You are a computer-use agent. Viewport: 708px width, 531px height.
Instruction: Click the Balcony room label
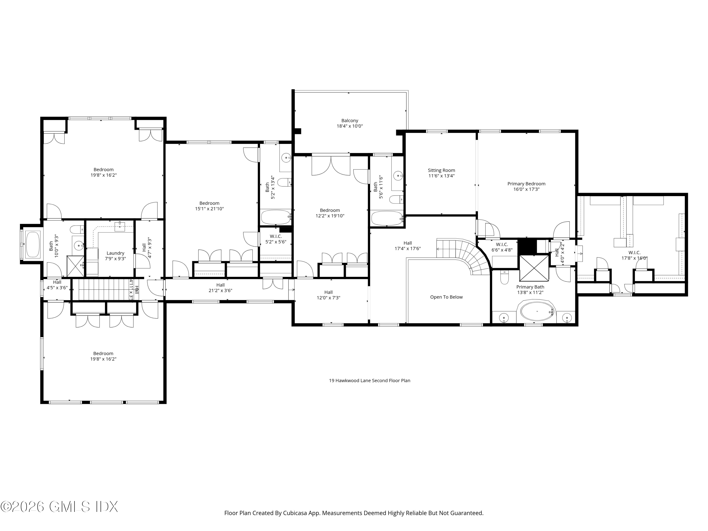click(350, 121)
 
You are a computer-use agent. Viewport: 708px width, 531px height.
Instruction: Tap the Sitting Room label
click(441, 170)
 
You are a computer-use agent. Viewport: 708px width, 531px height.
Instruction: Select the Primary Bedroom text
click(526, 184)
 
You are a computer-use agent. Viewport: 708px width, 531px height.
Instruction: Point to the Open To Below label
click(446, 297)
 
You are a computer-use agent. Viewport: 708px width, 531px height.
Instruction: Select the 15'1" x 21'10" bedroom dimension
click(209, 209)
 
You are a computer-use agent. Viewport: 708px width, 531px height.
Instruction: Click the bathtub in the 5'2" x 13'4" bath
click(276, 217)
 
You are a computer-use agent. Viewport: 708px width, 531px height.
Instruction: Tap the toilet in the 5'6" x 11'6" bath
click(396, 199)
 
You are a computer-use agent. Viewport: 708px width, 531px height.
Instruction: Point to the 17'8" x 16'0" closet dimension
click(634, 258)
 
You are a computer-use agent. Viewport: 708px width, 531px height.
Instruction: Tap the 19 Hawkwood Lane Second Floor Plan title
click(369, 381)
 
